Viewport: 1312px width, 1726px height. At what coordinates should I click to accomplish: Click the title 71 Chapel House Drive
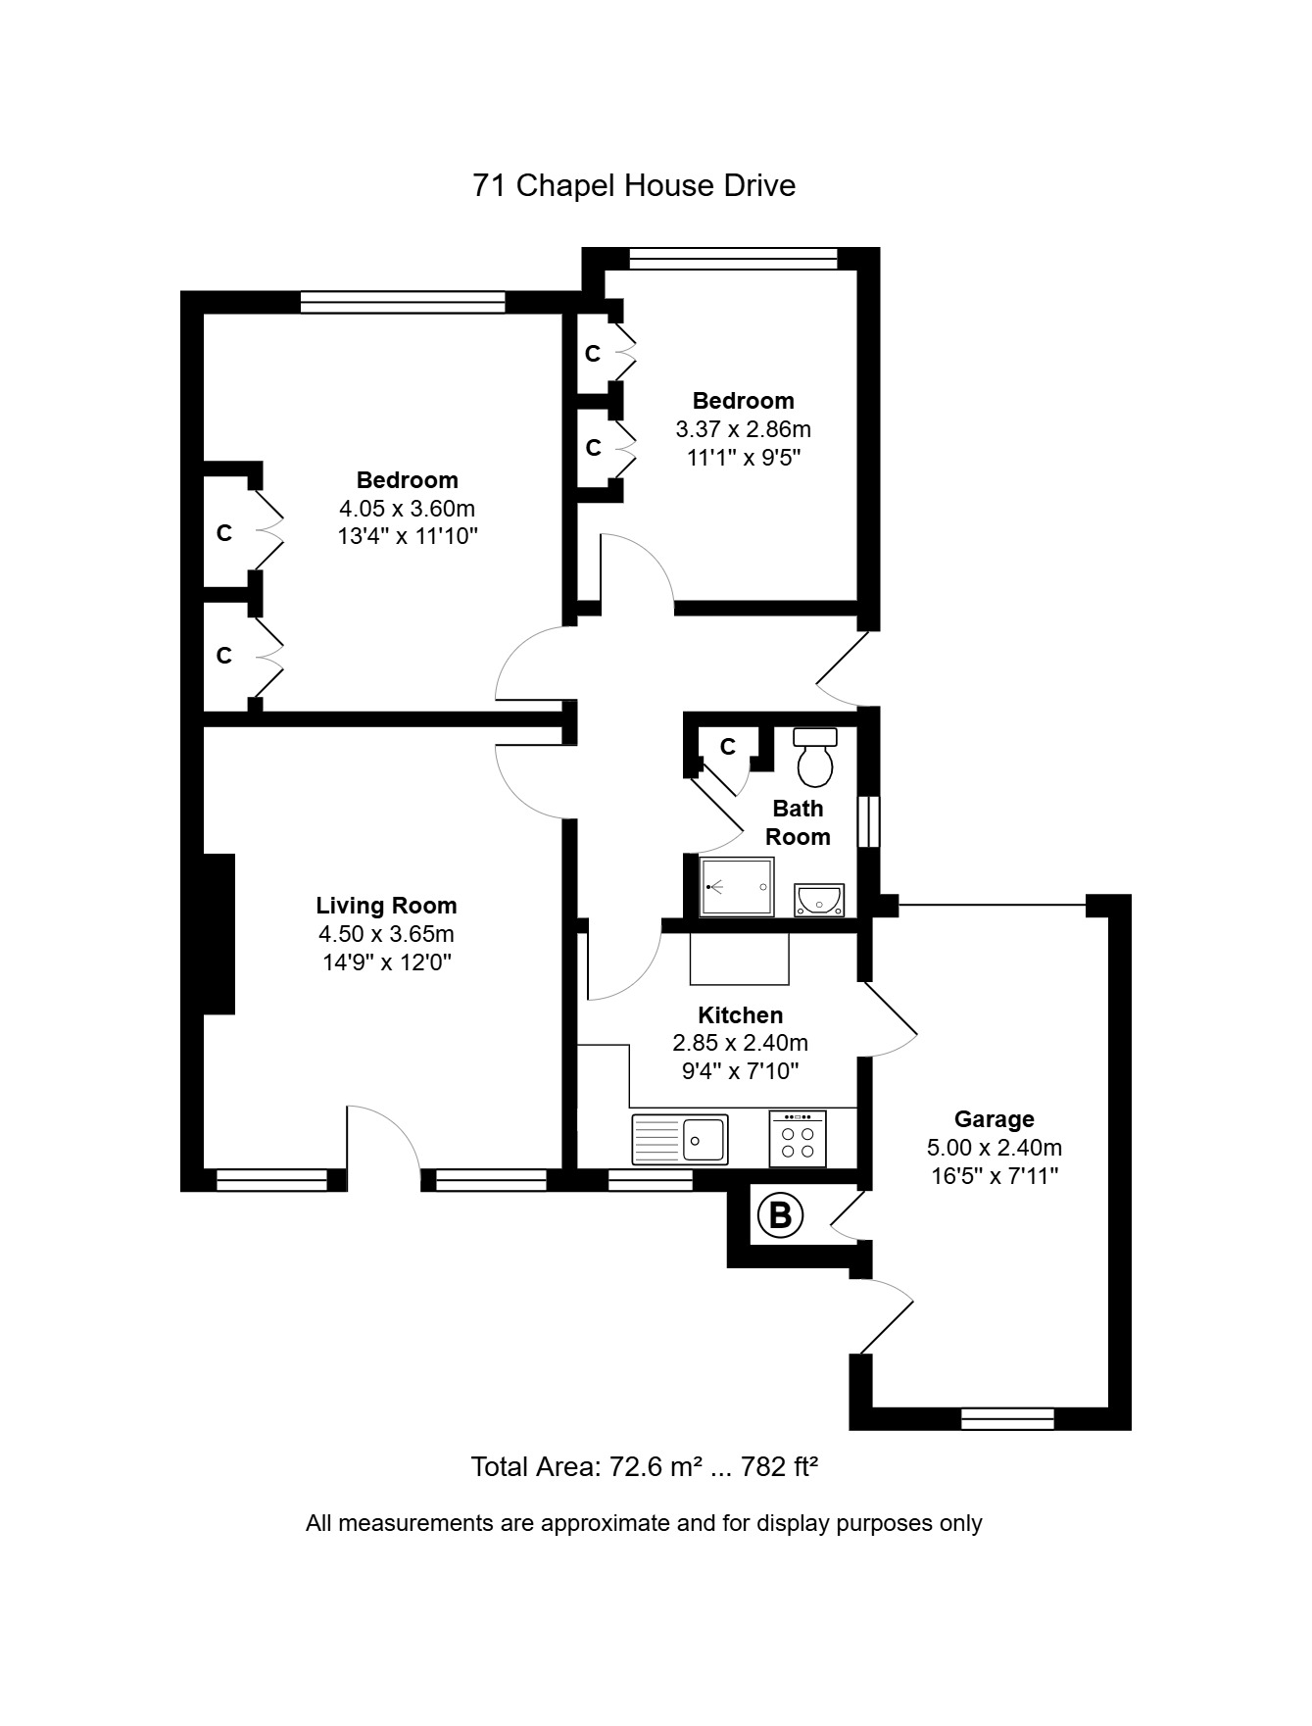click(x=634, y=186)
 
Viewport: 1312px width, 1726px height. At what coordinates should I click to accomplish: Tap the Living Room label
click(x=386, y=906)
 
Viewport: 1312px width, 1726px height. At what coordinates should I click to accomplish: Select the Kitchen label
click(x=740, y=1015)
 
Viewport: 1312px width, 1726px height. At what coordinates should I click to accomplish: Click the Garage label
click(x=994, y=1119)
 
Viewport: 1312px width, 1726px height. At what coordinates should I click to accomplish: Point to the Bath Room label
click(x=798, y=822)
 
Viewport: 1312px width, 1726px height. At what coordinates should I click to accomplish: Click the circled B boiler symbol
click(x=780, y=1215)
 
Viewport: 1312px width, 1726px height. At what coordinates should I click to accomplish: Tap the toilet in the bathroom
click(x=814, y=758)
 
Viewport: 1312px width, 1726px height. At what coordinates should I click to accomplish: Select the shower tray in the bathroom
click(x=737, y=887)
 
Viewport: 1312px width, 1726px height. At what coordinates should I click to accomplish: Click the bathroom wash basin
click(x=819, y=899)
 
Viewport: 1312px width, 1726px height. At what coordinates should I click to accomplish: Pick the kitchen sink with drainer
click(x=679, y=1139)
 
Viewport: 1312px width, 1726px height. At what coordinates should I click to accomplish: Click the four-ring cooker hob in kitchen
click(x=798, y=1139)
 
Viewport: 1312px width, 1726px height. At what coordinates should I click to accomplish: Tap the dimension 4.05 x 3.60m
click(x=407, y=509)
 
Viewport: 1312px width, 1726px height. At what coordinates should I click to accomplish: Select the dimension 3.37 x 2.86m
click(x=743, y=429)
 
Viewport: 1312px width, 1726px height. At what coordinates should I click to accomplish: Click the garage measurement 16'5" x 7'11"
click(x=994, y=1176)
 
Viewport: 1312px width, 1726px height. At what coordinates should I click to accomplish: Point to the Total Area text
click(x=644, y=1467)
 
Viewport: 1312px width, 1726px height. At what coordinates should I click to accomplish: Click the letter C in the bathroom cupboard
click(x=727, y=747)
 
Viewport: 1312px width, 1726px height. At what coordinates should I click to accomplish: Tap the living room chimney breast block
click(x=219, y=933)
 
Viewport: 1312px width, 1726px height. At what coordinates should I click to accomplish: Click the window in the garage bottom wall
click(x=1007, y=1418)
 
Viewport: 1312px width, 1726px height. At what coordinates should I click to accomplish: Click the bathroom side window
click(x=868, y=821)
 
